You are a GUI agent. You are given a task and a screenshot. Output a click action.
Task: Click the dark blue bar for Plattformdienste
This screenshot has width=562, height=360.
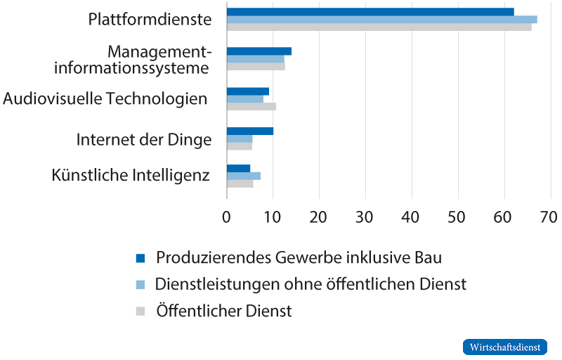370,12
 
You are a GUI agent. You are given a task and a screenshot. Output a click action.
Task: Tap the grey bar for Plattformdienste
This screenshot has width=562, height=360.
379,27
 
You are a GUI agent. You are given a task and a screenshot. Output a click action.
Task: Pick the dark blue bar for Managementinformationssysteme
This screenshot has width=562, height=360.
259,51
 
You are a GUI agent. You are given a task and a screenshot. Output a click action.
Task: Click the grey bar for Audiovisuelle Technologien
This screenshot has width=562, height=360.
251,107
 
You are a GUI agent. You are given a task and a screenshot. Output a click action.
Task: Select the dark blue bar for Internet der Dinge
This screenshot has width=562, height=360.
250,131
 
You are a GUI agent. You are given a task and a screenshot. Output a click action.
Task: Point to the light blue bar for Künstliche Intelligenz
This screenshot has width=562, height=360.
243,176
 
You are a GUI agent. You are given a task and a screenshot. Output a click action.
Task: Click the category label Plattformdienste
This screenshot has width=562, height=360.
150,20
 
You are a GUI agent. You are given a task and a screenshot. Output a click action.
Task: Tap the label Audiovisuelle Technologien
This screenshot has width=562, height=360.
105,99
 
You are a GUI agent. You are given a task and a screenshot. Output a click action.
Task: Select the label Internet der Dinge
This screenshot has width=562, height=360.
144,140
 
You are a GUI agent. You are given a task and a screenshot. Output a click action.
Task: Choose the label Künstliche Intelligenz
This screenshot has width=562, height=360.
131,174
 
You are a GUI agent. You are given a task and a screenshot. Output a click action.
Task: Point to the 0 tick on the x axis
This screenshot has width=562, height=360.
227,218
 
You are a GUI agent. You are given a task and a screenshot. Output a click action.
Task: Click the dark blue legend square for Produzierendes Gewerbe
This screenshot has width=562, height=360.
140,258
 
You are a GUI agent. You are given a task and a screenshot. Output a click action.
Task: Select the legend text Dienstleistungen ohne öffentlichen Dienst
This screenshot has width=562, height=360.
310,284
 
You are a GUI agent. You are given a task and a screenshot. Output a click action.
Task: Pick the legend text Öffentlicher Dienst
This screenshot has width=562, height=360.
223,311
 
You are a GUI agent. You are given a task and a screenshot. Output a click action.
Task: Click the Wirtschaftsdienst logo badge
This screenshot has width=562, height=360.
504,347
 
